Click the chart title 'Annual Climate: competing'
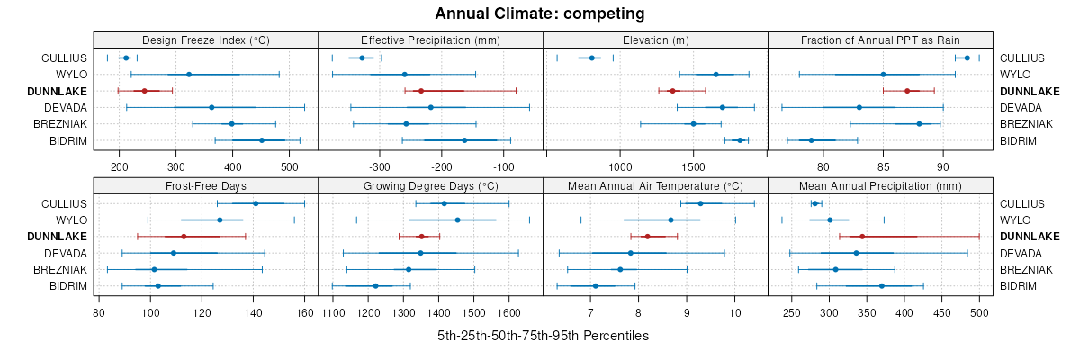pos(540,13)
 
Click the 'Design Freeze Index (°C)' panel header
pos(206,40)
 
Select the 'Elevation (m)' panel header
pos(655,40)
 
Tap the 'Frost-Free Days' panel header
pos(206,186)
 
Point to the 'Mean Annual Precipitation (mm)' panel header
pos(880,186)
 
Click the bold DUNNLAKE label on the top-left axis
pos(58,91)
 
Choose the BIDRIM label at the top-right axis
pos(1019,140)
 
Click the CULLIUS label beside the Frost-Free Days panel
pos(64,203)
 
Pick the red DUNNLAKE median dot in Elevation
pos(672,91)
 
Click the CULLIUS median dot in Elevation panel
pos(591,58)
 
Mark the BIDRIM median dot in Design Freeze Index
pos(262,140)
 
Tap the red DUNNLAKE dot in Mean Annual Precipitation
pos(862,237)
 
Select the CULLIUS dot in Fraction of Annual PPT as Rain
pos(967,58)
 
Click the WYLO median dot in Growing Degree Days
pos(457,220)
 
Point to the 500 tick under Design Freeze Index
pos(290,166)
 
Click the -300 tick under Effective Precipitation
pos(380,166)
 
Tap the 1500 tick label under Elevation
pos(693,166)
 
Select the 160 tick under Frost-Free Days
pos(304,312)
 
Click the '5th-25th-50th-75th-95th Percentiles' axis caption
pos(543,336)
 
